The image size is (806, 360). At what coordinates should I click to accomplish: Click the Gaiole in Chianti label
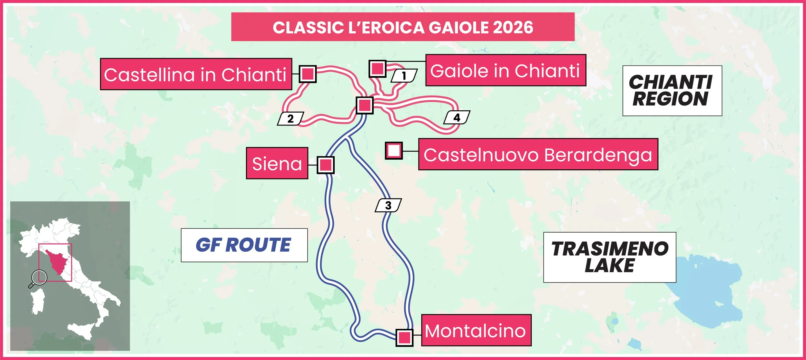505,70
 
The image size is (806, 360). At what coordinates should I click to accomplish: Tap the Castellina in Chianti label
196,74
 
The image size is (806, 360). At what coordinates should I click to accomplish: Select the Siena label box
277,163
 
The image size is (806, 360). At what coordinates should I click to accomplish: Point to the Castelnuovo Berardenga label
538,155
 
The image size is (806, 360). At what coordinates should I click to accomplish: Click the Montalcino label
476,330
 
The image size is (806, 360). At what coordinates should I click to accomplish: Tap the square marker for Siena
325,165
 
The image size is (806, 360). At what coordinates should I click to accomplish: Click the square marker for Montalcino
404,337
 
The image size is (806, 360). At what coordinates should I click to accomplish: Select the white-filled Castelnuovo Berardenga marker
394,151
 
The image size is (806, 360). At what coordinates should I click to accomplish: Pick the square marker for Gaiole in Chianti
377,69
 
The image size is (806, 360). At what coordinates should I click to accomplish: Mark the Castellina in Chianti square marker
308,74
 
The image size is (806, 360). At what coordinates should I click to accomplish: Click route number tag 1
404,76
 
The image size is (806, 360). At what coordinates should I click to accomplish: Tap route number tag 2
290,119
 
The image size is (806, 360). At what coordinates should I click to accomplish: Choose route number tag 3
388,205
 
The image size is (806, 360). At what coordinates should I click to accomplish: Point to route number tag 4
457,117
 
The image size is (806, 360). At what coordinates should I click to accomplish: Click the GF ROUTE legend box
244,245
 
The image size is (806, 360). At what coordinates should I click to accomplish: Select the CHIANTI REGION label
672,91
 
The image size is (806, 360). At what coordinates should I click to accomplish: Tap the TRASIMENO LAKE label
609,257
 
